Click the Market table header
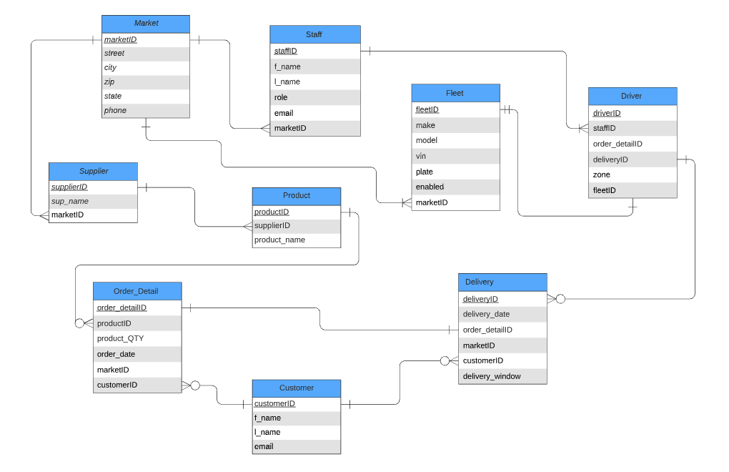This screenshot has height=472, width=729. coord(146,24)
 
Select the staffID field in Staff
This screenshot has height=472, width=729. coord(286,51)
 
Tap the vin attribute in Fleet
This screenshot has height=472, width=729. coord(421,156)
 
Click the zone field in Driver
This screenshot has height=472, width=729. coord(601,174)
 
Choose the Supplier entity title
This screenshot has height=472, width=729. coord(93,171)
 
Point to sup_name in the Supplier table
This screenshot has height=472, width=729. coord(70,201)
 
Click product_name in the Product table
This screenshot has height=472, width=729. coord(279,240)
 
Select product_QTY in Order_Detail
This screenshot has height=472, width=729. coord(120,338)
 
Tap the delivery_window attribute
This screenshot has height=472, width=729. coord(492,376)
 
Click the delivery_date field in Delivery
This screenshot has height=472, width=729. coord(486,314)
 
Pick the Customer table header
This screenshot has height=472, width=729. coord(296,388)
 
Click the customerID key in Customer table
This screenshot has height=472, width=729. coord(274,403)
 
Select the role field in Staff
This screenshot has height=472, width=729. coord(281,97)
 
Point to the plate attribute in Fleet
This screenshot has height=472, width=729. coord(425,172)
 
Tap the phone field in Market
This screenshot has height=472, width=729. coord(115,110)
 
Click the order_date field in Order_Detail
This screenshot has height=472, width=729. coord(116,354)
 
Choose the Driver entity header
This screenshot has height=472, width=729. coord(632,96)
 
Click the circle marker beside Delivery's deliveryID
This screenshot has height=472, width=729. coord(560,299)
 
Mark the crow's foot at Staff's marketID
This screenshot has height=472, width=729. coord(265,129)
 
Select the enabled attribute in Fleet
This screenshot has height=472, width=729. coord(430,187)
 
